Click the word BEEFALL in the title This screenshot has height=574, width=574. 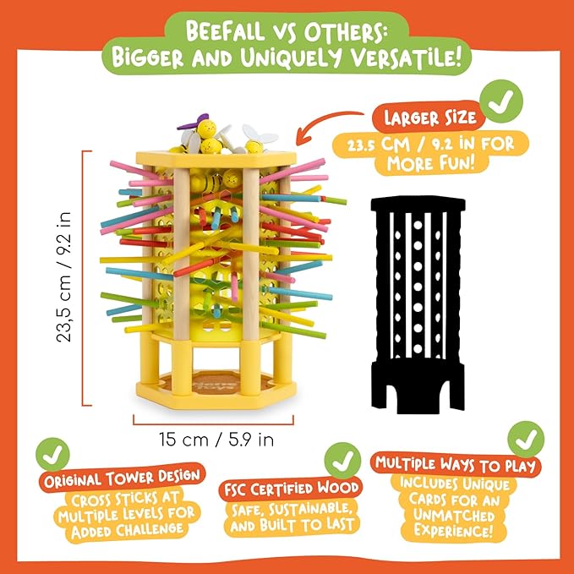tap(225, 30)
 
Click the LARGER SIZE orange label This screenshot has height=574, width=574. tap(429, 118)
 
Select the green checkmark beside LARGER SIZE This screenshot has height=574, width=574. tap(501, 101)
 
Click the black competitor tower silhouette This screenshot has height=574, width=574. tap(418, 305)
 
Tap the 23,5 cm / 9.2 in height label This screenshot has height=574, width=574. tap(63, 277)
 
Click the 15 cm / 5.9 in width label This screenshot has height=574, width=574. tap(216, 440)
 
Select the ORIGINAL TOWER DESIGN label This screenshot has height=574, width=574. tap(123, 478)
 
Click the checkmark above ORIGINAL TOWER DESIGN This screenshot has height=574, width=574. tap(52, 454)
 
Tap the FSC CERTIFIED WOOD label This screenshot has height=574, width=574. tap(291, 489)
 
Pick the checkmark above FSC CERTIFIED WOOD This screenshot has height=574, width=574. tap(342, 461)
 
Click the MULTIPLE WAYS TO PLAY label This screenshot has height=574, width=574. tap(456, 464)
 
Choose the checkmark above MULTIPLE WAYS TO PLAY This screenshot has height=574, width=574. tap(526, 439)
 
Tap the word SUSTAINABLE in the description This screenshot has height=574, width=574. tap(313, 509)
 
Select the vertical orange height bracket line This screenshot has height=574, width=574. tap(84, 278)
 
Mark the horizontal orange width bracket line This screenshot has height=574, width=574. tap(213, 424)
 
